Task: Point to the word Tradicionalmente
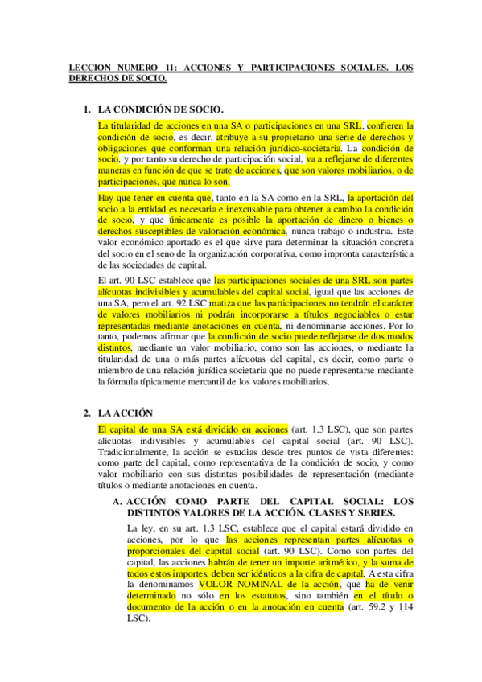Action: [137, 451]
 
